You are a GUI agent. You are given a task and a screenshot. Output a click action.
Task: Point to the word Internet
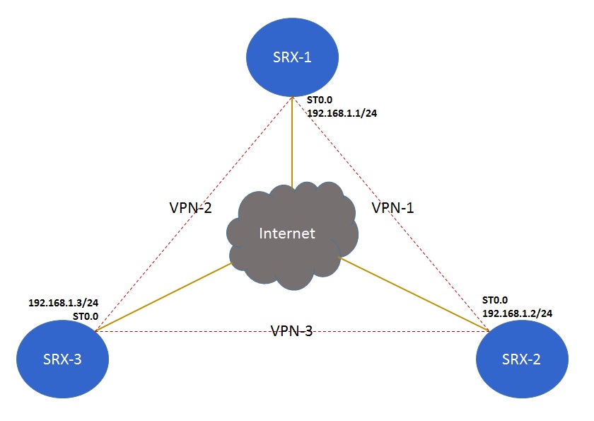pos(286,233)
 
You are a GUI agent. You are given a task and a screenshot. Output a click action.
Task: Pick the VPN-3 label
pos(291,330)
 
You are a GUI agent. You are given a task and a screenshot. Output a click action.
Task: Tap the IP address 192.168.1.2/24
pos(517,312)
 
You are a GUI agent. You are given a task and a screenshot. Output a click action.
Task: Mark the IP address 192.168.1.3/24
pos(63,303)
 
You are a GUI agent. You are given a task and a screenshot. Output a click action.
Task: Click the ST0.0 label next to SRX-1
pos(319,100)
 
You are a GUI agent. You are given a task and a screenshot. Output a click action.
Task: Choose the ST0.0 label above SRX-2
pos(495,300)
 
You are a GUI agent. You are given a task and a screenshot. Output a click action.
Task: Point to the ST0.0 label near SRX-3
pos(85,316)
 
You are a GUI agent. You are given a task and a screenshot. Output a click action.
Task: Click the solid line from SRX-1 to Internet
pos(291,142)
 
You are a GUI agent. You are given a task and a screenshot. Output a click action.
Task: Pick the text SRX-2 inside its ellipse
pos(523,359)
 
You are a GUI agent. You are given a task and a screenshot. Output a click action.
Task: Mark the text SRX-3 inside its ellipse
pos(62,359)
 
